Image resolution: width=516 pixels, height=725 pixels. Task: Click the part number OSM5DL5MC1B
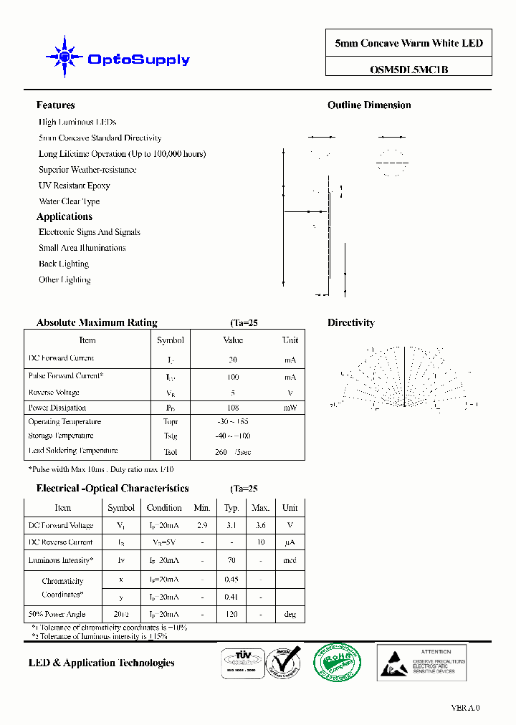(408, 70)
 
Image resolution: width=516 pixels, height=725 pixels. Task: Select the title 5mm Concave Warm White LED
(408, 43)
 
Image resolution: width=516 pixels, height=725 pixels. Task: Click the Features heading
(55, 105)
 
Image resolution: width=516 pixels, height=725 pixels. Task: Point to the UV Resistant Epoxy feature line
(74, 186)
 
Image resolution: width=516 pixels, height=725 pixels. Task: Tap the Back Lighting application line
(64, 264)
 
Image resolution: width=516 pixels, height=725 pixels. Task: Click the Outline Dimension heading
(369, 105)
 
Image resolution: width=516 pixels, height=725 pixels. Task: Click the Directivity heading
(350, 323)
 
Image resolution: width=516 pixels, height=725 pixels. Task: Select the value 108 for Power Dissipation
(233, 408)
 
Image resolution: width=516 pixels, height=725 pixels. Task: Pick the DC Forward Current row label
(61, 358)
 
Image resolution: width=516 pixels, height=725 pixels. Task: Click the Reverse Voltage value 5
(233, 393)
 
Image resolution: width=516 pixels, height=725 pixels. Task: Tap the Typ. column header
(231, 508)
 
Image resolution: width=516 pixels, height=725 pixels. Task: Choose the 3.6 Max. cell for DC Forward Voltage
(260, 525)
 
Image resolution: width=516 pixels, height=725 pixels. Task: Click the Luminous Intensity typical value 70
(231, 560)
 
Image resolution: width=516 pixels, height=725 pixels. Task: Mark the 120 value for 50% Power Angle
(231, 614)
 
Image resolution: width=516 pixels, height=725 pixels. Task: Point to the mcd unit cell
(290, 560)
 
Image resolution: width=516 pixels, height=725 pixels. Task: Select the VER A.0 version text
(465, 708)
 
